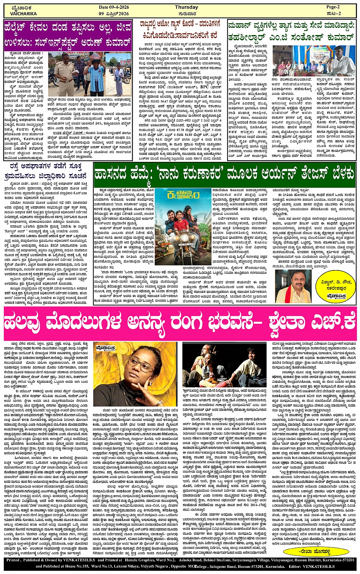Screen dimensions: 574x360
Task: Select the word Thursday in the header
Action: (186, 7)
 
